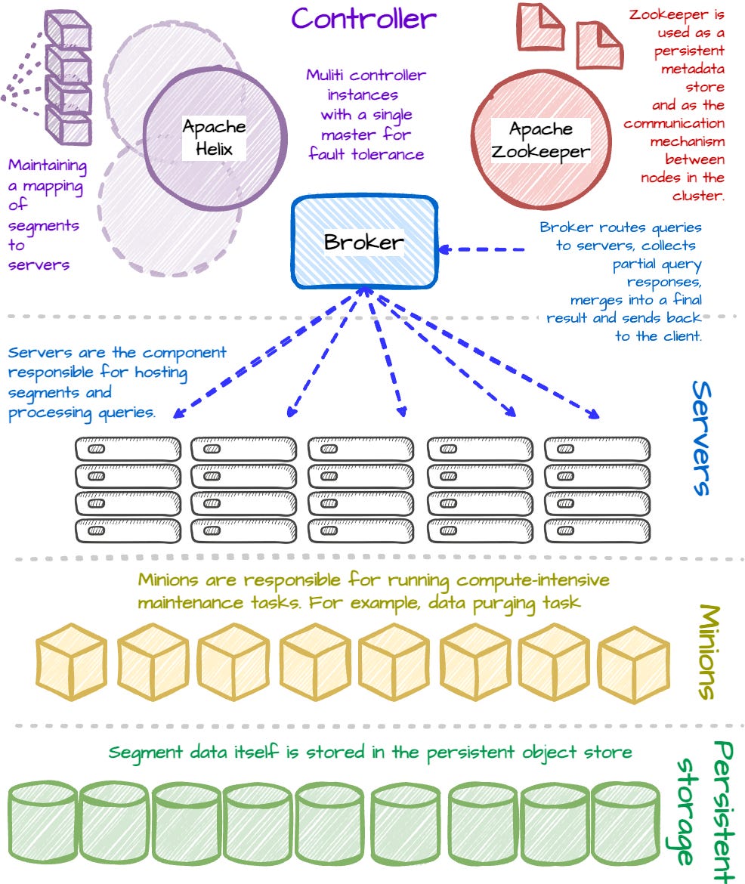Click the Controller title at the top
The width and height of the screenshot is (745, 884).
click(364, 18)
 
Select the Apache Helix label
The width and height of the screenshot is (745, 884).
click(214, 138)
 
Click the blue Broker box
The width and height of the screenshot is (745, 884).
click(364, 243)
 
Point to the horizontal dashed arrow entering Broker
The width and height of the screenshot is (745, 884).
click(484, 249)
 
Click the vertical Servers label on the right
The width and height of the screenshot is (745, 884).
click(702, 438)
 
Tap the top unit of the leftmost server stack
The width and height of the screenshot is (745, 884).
click(128, 449)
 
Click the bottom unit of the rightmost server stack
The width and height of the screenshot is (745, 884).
click(597, 530)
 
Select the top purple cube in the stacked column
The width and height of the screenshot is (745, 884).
click(68, 29)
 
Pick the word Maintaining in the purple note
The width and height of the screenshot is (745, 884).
click(47, 165)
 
